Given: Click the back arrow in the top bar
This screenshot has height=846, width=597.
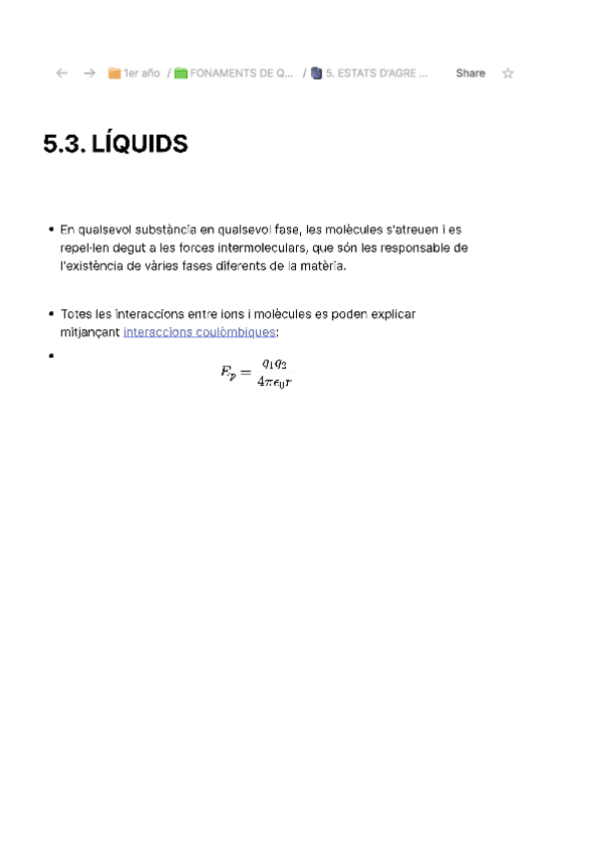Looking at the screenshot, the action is point(62,73).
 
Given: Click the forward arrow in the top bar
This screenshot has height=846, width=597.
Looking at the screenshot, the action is point(90,73).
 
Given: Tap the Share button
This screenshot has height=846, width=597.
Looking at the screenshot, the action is point(470,73).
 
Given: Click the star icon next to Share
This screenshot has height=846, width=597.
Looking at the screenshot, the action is point(507,73).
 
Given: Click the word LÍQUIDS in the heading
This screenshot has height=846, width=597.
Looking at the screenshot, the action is point(139,145).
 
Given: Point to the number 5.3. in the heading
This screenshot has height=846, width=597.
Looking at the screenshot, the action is point(64,145).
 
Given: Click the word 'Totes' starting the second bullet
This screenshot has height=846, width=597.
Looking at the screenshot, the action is point(75,313).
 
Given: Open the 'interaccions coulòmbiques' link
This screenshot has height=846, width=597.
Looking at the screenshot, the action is point(198,331).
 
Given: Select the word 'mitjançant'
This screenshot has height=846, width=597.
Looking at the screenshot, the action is point(90,331).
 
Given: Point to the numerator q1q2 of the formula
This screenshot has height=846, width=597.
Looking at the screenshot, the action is point(274,364).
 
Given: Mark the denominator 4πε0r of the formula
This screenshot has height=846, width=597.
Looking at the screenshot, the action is point(274,382).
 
